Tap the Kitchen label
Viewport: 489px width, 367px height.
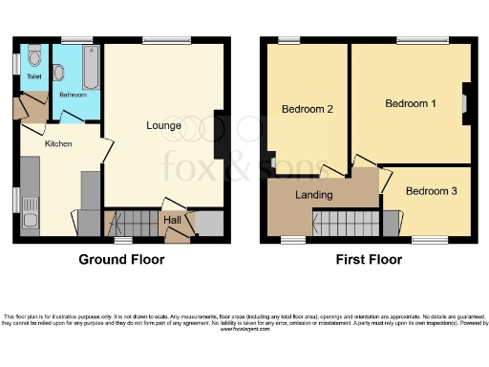[58, 143]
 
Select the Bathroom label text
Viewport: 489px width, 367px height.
[74, 95]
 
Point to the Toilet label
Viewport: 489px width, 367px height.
[34, 76]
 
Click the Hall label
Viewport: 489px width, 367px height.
[173, 220]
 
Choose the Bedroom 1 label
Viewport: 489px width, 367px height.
[411, 102]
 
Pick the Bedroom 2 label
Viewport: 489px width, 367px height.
[307, 109]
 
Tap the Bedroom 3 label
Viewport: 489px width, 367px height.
[431, 191]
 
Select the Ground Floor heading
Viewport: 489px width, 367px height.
[121, 259]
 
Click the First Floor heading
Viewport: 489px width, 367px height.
[366, 259]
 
